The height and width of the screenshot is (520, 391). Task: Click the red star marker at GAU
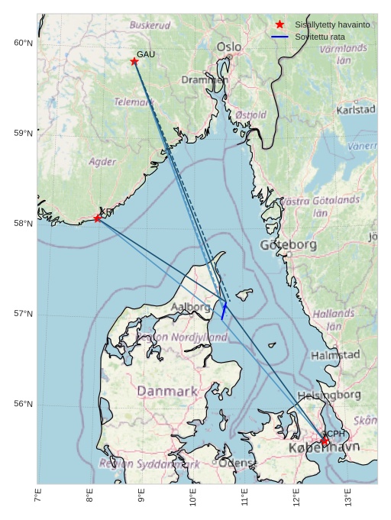(134, 61)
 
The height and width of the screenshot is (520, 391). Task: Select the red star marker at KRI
(98, 218)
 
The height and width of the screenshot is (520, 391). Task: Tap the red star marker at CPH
(324, 441)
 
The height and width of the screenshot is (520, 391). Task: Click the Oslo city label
(228, 47)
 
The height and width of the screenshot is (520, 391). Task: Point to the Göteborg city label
(288, 245)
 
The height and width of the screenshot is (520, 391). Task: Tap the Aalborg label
(190, 307)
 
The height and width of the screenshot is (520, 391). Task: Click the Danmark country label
(166, 391)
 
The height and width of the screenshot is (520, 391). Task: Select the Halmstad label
(334, 355)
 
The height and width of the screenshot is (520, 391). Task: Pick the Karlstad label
(356, 110)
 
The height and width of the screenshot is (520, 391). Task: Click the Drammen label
(204, 79)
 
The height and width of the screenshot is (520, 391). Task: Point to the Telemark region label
(134, 102)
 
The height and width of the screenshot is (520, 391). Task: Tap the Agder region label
(102, 162)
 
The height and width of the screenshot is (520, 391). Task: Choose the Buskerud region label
(150, 25)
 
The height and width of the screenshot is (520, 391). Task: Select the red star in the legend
(280, 24)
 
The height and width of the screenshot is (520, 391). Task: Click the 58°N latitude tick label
(24, 224)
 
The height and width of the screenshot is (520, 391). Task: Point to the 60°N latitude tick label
(24, 43)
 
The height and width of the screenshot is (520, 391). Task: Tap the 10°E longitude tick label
(193, 496)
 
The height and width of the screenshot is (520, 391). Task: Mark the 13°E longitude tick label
(348, 496)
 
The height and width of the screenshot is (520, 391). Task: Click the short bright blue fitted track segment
(223, 310)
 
